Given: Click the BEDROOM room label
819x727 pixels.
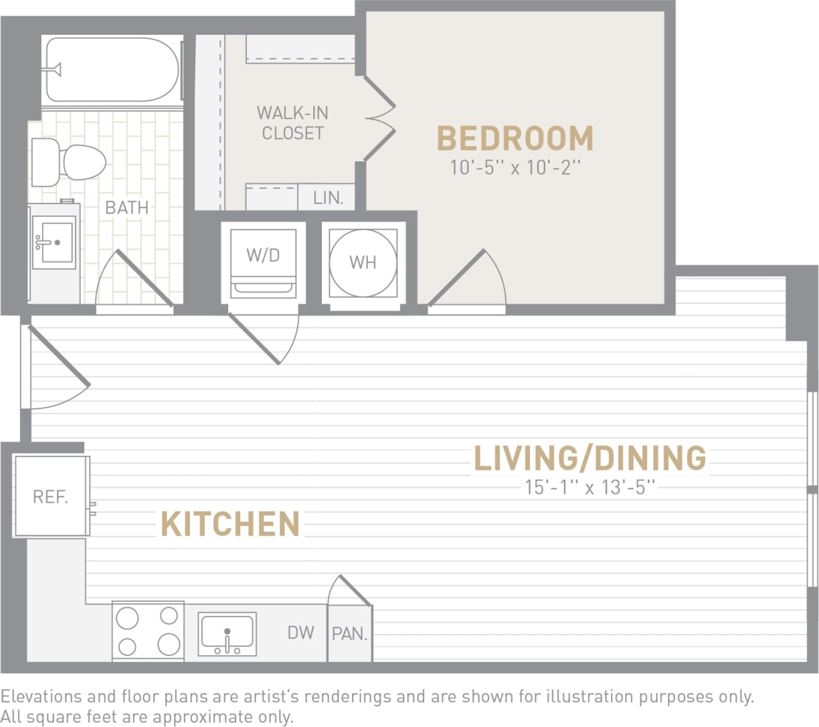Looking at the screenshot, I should [x=515, y=139].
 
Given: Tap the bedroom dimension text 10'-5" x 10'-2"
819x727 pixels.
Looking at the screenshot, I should [x=515, y=167].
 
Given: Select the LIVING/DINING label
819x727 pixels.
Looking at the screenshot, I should [x=589, y=459].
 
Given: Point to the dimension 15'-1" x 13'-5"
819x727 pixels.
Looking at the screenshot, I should [x=589, y=487].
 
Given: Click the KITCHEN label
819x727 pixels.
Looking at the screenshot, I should [x=230, y=524].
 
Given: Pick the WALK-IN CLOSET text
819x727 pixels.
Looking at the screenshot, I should [x=292, y=123].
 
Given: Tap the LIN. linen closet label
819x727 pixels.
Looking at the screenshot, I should [x=328, y=198].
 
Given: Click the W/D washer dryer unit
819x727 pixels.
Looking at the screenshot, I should [x=263, y=261].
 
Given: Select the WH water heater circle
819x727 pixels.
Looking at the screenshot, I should [x=363, y=262].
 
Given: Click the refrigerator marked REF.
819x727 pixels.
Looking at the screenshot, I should [x=51, y=496].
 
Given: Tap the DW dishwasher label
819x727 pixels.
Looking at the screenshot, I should [x=301, y=632].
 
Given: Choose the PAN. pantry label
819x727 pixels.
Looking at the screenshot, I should [x=349, y=633].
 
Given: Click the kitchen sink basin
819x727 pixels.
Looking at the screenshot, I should [x=227, y=632].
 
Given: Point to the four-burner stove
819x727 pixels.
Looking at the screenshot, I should [x=148, y=631].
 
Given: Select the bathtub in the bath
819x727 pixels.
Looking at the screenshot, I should [x=112, y=70].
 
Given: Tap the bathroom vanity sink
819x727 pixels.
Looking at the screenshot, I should [x=54, y=242].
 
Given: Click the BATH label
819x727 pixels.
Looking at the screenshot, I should [x=126, y=208].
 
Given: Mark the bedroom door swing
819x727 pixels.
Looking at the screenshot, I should [x=468, y=281].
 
